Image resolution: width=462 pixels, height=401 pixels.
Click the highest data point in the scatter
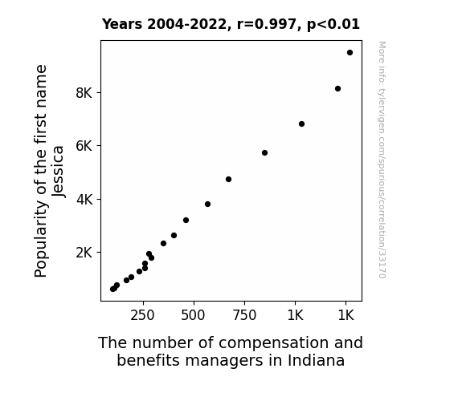(x=350, y=53)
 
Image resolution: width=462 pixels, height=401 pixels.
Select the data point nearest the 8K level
(x=337, y=88)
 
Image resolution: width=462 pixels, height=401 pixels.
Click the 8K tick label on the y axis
(x=84, y=93)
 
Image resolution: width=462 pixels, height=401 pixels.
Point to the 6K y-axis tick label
(x=84, y=146)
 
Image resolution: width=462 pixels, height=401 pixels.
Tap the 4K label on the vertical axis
(x=84, y=200)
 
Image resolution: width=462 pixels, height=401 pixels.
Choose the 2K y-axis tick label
(x=84, y=253)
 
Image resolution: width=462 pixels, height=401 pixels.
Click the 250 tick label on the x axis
(x=142, y=315)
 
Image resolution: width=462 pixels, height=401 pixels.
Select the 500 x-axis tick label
(x=193, y=315)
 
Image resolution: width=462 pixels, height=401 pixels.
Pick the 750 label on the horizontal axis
(x=244, y=315)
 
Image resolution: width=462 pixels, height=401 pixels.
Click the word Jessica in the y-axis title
(x=58, y=172)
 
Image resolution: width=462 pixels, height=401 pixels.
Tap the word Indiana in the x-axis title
(x=316, y=360)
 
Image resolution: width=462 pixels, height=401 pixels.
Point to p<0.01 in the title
(x=333, y=25)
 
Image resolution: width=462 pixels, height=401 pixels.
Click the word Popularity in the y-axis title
(x=41, y=239)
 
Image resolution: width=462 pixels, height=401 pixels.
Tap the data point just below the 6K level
(x=264, y=152)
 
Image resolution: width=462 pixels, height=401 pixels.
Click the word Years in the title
(x=122, y=24)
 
